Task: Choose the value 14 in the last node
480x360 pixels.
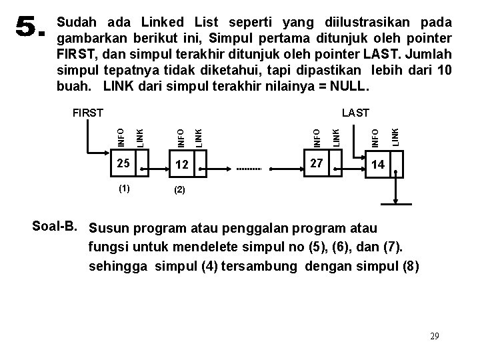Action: (378, 165)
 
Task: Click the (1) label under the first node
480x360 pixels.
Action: (123, 187)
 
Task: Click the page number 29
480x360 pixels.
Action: (435, 337)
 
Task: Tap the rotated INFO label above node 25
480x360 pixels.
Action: (121, 137)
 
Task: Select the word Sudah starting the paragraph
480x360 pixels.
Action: (79, 21)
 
